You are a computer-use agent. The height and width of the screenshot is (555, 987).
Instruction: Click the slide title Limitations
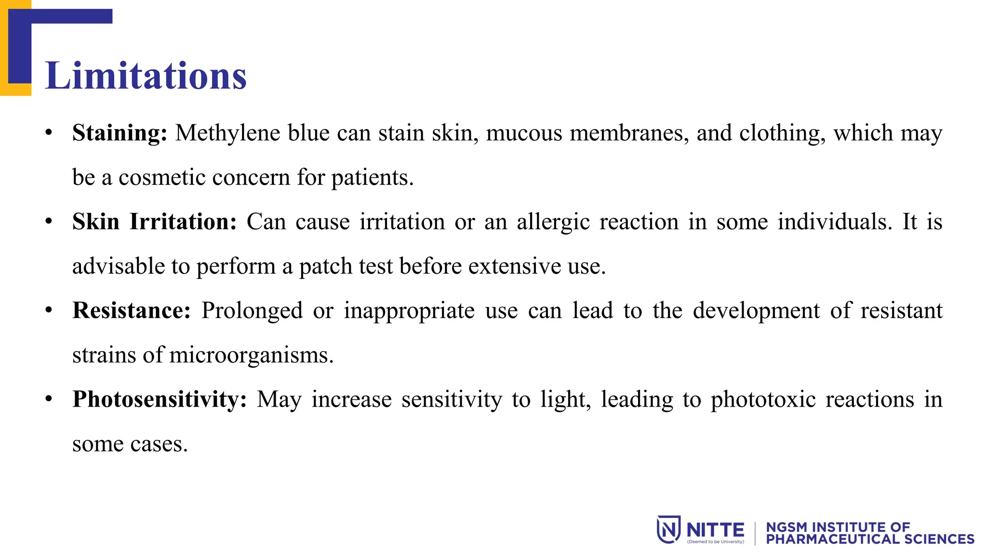[x=146, y=76]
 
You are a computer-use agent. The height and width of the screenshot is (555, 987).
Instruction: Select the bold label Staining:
[x=120, y=133]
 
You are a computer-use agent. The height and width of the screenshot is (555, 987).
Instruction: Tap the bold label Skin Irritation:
[x=154, y=222]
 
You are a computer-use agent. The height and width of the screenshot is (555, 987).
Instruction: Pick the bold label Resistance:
[x=132, y=310]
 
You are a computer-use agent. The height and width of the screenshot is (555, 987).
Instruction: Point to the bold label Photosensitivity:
[x=160, y=399]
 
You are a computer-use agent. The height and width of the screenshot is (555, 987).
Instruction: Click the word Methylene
[x=227, y=133]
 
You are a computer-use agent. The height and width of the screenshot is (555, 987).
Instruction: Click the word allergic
[x=553, y=223]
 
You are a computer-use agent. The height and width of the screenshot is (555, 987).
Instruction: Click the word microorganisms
[x=251, y=355]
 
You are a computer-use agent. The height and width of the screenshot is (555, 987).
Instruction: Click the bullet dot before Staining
[x=49, y=132]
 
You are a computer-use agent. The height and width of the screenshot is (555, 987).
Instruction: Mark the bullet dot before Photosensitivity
[x=49, y=399]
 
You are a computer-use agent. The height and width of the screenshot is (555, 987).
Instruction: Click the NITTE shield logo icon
[x=668, y=529]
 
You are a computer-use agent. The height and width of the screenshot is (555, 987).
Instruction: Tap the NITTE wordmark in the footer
[x=715, y=529]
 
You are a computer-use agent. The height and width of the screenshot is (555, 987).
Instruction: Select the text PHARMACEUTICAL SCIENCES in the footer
[x=870, y=539]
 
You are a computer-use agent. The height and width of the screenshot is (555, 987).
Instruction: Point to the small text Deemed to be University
[x=715, y=542]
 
